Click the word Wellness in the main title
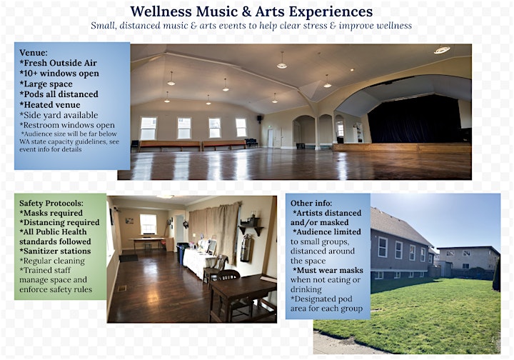(x=161, y=12)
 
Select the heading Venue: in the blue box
(x=34, y=53)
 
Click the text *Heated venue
(x=50, y=105)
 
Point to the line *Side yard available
(x=59, y=115)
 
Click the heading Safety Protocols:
(x=51, y=204)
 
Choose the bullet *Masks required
(x=51, y=213)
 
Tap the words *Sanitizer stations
(x=55, y=251)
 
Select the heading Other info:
(x=311, y=204)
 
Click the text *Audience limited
(x=327, y=232)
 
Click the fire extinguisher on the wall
(x=245, y=248)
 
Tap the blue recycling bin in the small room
(x=180, y=253)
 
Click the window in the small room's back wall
(x=148, y=224)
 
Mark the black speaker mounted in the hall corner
(x=259, y=118)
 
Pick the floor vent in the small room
(x=122, y=289)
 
